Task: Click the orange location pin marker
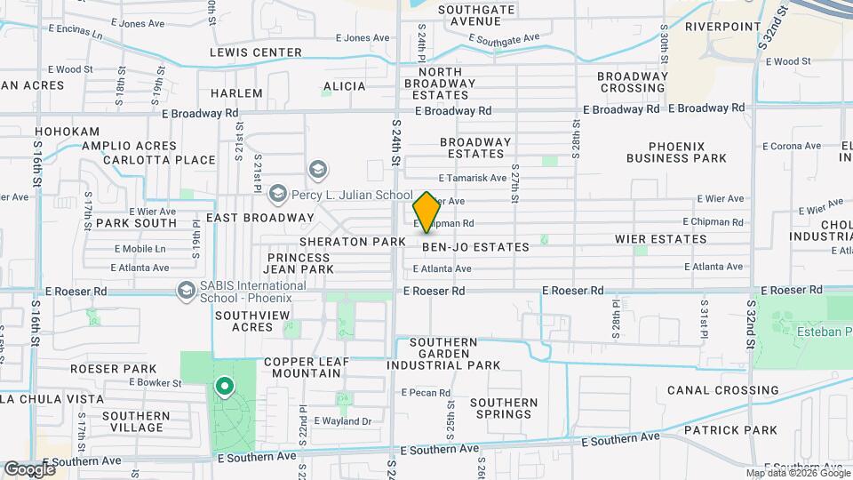(x=426, y=212)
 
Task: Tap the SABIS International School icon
(x=187, y=290)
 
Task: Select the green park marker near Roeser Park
(x=224, y=387)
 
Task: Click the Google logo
(x=29, y=468)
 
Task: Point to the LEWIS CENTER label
(x=256, y=52)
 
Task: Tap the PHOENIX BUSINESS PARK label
(x=676, y=152)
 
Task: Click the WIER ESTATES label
(x=661, y=239)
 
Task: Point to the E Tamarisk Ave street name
(x=474, y=178)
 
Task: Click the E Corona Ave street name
(x=790, y=146)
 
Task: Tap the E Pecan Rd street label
(x=426, y=392)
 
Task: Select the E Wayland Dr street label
(x=341, y=420)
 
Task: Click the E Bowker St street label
(x=155, y=382)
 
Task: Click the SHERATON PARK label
(x=352, y=242)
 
